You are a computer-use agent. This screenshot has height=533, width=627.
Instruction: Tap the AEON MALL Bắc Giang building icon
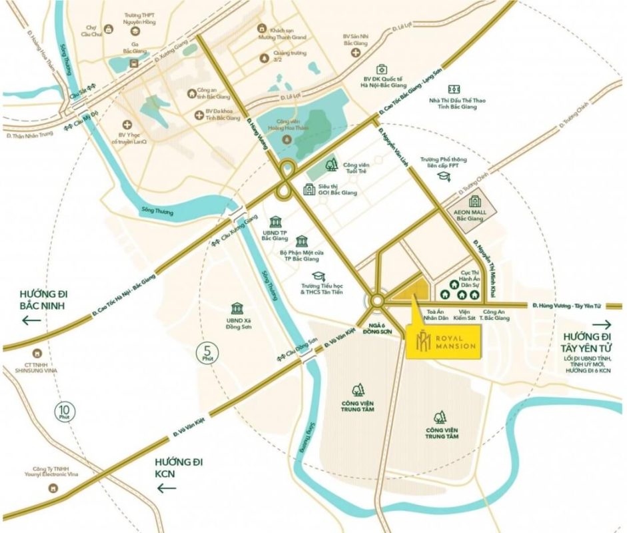(x=474, y=202)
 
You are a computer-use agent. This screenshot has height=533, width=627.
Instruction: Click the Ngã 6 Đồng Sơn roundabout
(x=377, y=301)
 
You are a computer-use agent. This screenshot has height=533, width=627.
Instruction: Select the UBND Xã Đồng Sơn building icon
(x=237, y=308)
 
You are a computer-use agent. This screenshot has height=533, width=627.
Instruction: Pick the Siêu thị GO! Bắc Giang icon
(x=309, y=190)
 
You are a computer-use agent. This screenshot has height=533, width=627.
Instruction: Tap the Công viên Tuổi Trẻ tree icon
(x=330, y=165)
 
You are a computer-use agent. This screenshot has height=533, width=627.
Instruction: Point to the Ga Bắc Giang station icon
(x=135, y=62)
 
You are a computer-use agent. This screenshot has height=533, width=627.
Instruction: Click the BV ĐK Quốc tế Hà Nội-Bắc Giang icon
(x=381, y=69)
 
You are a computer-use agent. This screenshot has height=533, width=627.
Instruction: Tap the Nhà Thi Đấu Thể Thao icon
(x=454, y=89)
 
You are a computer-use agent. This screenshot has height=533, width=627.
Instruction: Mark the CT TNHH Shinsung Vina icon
(x=37, y=353)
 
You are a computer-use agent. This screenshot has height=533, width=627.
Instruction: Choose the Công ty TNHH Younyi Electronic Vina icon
(x=53, y=487)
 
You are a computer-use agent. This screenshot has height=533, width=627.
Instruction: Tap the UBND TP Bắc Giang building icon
(x=275, y=222)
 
